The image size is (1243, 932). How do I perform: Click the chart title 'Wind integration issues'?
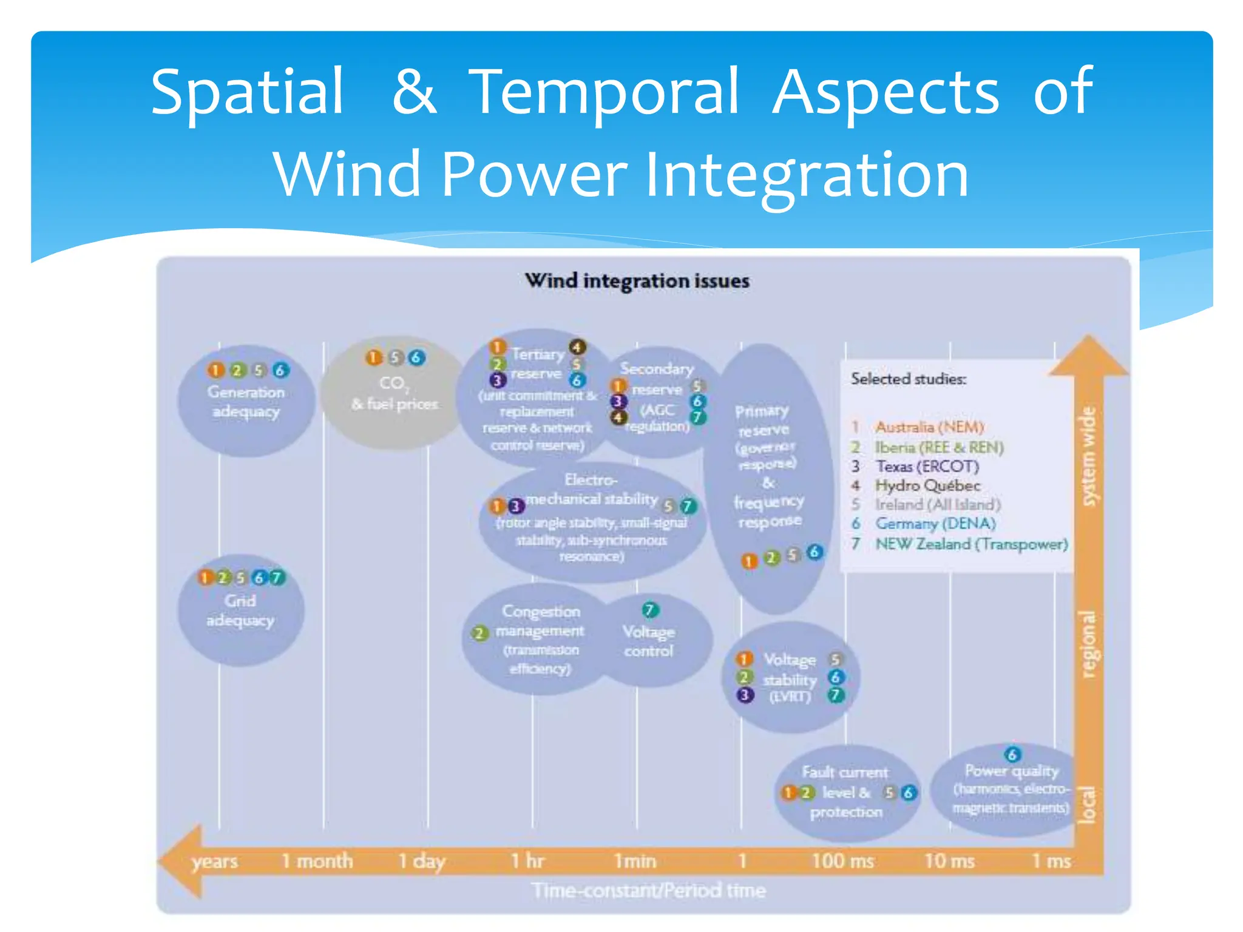tap(637, 281)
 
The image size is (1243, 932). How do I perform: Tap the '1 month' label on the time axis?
tap(317, 860)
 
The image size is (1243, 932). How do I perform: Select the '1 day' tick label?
tap(422, 860)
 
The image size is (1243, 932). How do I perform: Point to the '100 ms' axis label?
tap(843, 860)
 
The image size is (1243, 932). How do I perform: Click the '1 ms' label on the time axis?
tap(1051, 860)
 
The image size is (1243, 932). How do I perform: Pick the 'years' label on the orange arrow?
tap(215, 862)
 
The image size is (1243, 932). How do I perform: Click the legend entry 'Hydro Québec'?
tap(927, 485)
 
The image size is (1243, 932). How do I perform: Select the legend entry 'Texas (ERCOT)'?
tap(927, 466)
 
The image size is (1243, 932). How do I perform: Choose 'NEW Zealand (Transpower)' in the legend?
tap(971, 544)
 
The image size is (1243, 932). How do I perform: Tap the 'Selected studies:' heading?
tap(909, 379)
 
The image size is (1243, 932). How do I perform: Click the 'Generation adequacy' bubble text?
tap(246, 402)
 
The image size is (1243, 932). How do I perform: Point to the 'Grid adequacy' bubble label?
tap(240, 610)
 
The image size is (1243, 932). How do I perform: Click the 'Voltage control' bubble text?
tap(649, 641)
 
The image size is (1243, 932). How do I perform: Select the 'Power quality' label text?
tap(1012, 771)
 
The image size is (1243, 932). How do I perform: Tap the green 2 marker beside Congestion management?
tap(479, 633)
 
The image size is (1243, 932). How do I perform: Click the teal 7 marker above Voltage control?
tap(649, 609)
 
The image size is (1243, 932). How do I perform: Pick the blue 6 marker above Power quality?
tap(1012, 754)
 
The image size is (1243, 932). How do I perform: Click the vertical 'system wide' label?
tap(1089, 456)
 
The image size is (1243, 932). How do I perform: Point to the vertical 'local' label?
tap(1088, 805)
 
